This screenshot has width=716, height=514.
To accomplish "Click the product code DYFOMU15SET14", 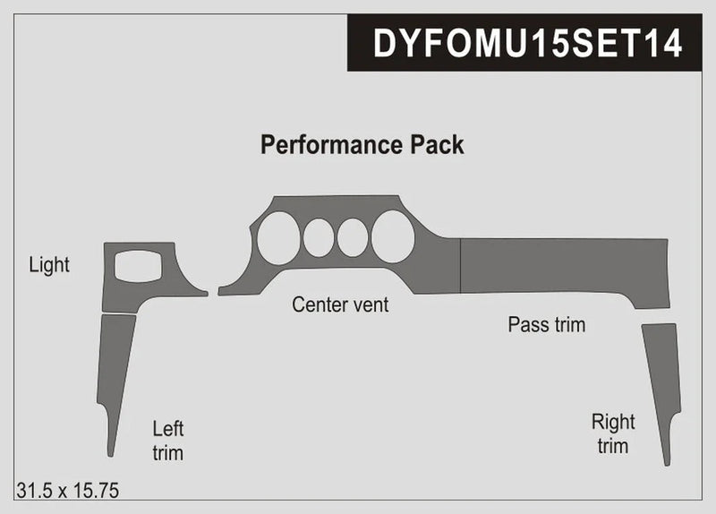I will point(527,43).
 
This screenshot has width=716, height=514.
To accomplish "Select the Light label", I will point(49,265).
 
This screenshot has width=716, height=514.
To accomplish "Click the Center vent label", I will point(340,305).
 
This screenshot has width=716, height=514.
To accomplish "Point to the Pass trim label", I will point(546,324).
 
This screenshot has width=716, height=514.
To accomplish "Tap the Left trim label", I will point(167,441).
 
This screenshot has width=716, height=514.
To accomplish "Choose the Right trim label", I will point(613,433).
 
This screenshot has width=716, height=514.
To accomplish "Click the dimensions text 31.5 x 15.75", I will point(68,490).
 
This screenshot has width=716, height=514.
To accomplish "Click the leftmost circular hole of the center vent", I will point(278,239).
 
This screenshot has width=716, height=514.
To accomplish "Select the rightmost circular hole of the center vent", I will point(393,237).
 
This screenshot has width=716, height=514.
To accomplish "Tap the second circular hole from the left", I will point(319,238).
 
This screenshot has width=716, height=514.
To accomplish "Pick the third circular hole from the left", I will point(353,237).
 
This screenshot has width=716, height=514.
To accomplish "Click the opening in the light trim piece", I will point(138,266).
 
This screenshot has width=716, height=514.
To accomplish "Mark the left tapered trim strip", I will point(115,367).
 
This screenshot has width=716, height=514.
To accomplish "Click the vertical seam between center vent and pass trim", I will point(460,266).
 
